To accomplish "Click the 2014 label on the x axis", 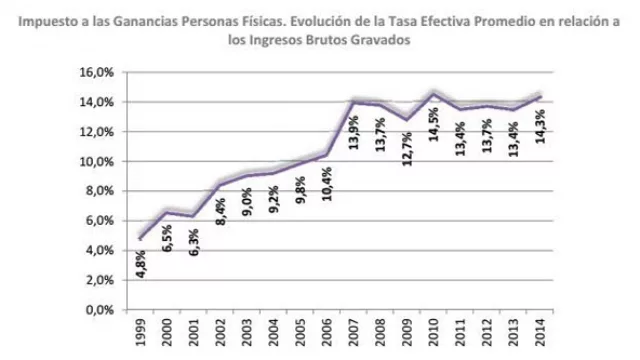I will pos(542,334).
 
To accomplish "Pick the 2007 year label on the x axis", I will pos(354,334).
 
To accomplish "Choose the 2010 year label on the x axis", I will pos(434,334).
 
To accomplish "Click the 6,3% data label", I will pos(193,241).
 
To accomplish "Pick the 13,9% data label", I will pos(354,130).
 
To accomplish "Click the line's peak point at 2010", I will pos(434,93).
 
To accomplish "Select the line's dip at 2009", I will pos(407,119).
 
